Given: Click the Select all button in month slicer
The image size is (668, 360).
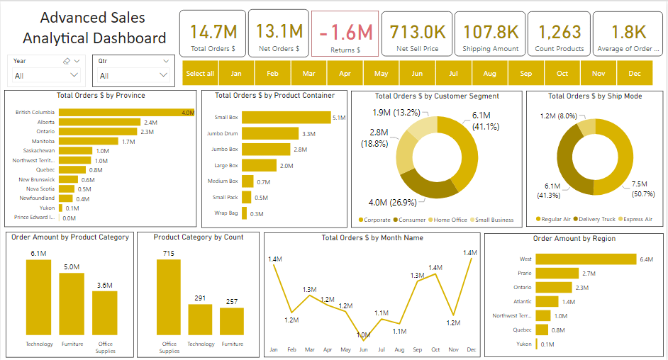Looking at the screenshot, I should click(x=200, y=74).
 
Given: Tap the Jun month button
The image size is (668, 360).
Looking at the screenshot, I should click(x=417, y=74).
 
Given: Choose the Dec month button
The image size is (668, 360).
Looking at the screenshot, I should click(x=634, y=74).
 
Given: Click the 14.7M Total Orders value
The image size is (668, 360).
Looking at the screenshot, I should click(x=213, y=32).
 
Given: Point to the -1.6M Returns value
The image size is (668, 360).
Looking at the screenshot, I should click(x=345, y=33).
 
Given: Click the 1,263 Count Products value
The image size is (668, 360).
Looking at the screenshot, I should click(x=560, y=32).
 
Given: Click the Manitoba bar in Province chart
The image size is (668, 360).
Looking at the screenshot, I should click(x=88, y=141).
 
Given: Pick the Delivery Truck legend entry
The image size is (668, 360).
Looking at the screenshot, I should click(x=597, y=219).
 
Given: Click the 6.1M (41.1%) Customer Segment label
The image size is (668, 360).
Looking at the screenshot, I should click(x=485, y=120).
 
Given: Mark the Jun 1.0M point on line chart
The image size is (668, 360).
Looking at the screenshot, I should click(x=363, y=339).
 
